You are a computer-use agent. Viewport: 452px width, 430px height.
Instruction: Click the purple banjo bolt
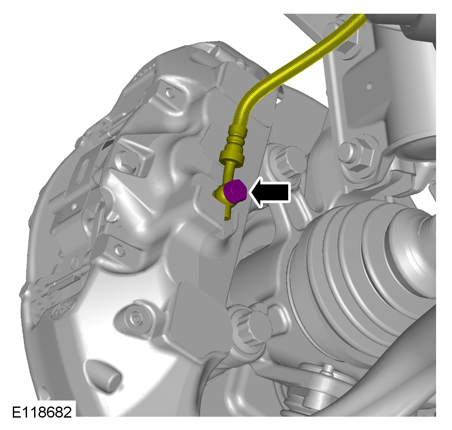click(x=235, y=191)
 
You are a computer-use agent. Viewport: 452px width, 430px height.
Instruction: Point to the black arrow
click(x=270, y=192)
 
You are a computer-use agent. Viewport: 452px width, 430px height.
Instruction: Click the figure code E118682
click(x=42, y=412)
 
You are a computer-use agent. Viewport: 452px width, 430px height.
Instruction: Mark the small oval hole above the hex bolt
click(x=369, y=86)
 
